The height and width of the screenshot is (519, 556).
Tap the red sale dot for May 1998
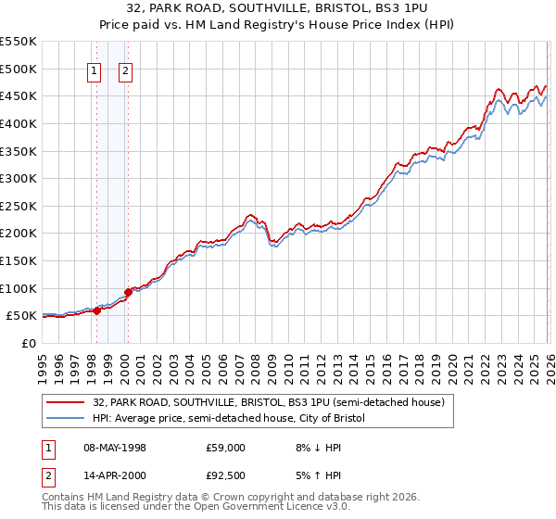(96, 310)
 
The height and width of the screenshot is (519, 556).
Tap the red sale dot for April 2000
(128, 292)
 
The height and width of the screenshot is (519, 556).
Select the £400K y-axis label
(19, 123)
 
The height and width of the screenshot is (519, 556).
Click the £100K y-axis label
(19, 288)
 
